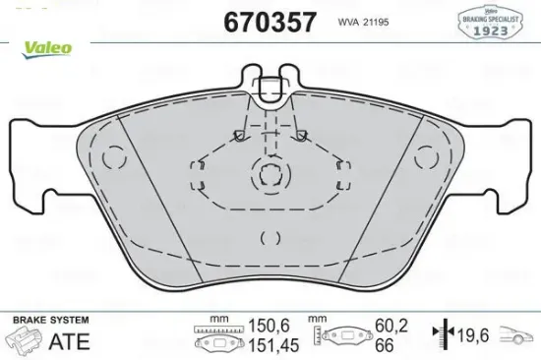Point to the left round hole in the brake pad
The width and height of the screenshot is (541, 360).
[114, 156]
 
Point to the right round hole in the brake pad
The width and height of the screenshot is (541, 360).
[426, 156]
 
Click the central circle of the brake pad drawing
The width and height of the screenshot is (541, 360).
[270, 174]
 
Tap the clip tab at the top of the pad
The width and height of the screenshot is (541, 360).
[270, 87]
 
